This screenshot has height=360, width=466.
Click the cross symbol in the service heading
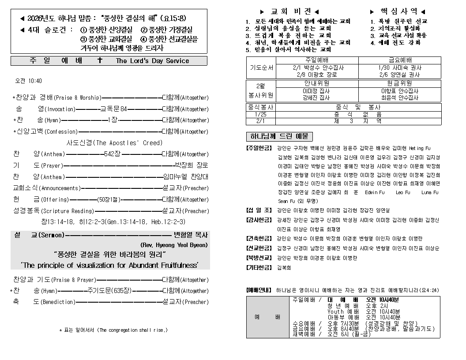[100, 60]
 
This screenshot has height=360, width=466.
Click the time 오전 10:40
[29, 81]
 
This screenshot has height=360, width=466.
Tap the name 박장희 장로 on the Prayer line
[191, 165]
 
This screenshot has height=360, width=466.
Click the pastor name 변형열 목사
[191, 235]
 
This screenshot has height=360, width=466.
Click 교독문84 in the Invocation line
[114, 109]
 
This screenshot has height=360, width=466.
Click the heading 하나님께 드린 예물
[279, 136]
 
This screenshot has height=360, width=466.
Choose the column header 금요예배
[400, 60]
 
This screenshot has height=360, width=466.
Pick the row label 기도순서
[261, 68]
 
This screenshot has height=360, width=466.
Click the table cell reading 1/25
[260, 114]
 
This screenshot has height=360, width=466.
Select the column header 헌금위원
[400, 83]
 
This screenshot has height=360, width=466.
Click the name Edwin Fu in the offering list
[375, 192]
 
